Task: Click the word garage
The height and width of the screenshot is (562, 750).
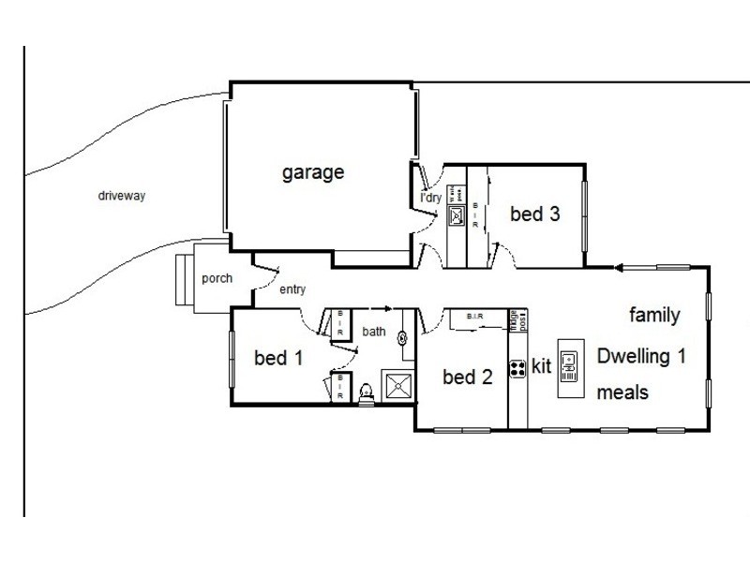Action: [313, 172]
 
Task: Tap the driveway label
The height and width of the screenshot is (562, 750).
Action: [124, 197]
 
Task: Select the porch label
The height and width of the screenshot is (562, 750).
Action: [217, 278]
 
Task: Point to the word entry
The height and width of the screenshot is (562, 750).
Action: [292, 289]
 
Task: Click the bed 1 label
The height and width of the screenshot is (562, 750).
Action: [277, 358]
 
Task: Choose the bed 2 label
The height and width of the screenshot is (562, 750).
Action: [467, 377]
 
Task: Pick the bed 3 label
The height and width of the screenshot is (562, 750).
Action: [535, 214]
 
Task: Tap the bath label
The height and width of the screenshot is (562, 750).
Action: [375, 331]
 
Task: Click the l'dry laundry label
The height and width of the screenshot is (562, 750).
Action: [430, 199]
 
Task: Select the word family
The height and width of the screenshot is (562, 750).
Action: [653, 314]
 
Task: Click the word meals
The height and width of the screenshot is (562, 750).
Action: [622, 392]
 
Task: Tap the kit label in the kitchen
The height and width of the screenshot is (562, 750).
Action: [541, 367]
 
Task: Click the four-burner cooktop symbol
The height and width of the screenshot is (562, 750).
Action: [517, 369]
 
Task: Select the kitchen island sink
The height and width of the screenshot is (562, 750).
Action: [570, 365]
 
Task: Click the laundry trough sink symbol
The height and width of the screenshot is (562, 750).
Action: [457, 217]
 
